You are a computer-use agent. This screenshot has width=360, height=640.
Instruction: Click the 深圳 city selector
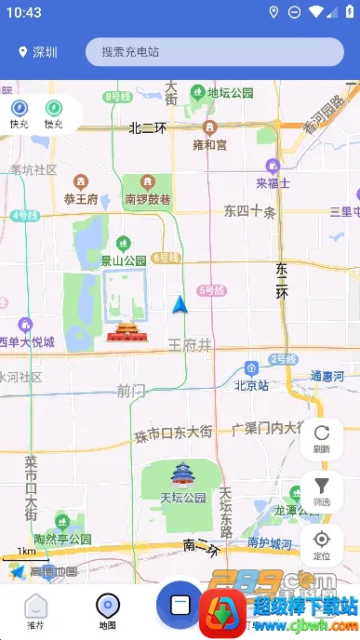pyautogui.click(x=38, y=53)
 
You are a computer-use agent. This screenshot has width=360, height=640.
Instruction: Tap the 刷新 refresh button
pyautogui.click(x=322, y=438)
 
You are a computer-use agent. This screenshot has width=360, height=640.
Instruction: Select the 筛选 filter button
pyautogui.click(x=322, y=491)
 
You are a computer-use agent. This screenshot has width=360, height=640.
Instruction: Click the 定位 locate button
pyautogui.click(x=322, y=544)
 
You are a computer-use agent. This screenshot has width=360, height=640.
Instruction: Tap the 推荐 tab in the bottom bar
pyautogui.click(x=35, y=612)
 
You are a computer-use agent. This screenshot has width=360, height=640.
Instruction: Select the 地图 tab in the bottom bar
pyautogui.click(x=108, y=612)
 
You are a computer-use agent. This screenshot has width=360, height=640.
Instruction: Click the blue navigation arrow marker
pyautogui.click(x=180, y=303)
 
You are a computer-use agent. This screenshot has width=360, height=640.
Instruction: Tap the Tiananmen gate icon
pyautogui.click(x=123, y=331)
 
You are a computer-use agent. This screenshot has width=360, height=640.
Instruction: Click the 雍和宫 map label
pyautogui.click(x=209, y=144)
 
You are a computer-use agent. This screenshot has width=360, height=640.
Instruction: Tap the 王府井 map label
pyautogui.click(x=190, y=345)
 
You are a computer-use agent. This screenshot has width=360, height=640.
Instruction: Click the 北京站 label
pyautogui.click(x=251, y=384)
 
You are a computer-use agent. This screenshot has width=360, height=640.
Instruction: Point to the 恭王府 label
pyautogui.click(x=82, y=198)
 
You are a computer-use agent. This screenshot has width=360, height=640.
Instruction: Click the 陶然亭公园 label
pyautogui.click(x=62, y=539)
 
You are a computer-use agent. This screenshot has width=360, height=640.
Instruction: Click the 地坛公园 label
pyautogui.click(x=230, y=93)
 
